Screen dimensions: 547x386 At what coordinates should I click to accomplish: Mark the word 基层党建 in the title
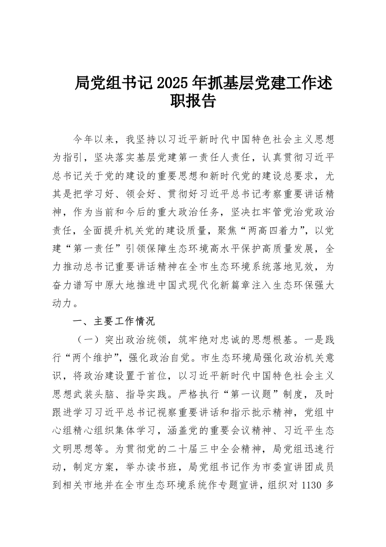(251, 83)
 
